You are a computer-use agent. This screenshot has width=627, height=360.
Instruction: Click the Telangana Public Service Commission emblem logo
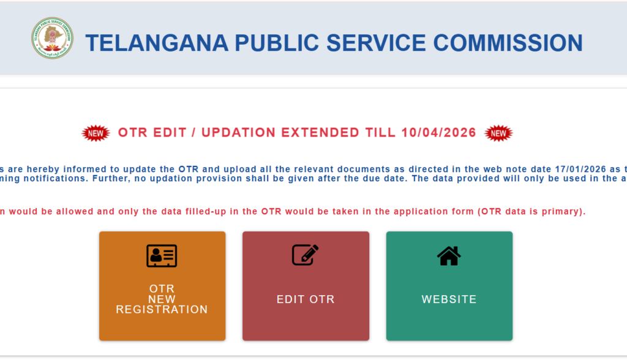pos(52,38)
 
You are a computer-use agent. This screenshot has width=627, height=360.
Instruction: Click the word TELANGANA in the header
pos(156,43)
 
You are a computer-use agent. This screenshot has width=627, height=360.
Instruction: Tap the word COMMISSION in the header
pos(508,43)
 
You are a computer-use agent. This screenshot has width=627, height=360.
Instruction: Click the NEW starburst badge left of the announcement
pos(96,133)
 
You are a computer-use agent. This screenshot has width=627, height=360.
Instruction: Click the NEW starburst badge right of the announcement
pos(498,133)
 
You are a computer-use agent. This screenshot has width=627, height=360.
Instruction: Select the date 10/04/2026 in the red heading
pos(439,133)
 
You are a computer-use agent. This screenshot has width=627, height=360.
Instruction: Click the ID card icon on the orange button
pos(162,255)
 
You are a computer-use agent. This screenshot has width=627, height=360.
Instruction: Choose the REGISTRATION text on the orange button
pos(162,310)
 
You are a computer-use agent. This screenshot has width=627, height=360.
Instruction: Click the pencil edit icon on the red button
pos(305,254)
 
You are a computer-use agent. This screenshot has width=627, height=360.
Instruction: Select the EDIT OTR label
pos(306,299)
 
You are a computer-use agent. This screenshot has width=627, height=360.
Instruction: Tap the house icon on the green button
pos(449,255)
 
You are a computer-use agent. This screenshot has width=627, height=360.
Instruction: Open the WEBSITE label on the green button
pos(449,299)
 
